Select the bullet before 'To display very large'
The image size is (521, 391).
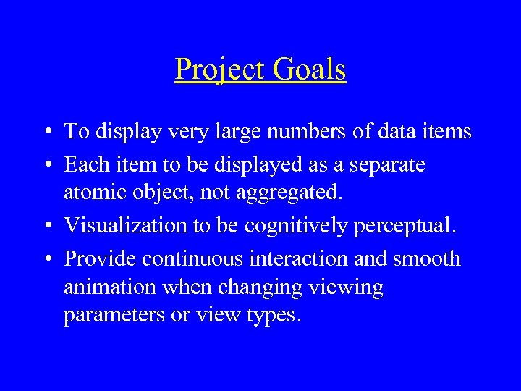click(46, 133)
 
